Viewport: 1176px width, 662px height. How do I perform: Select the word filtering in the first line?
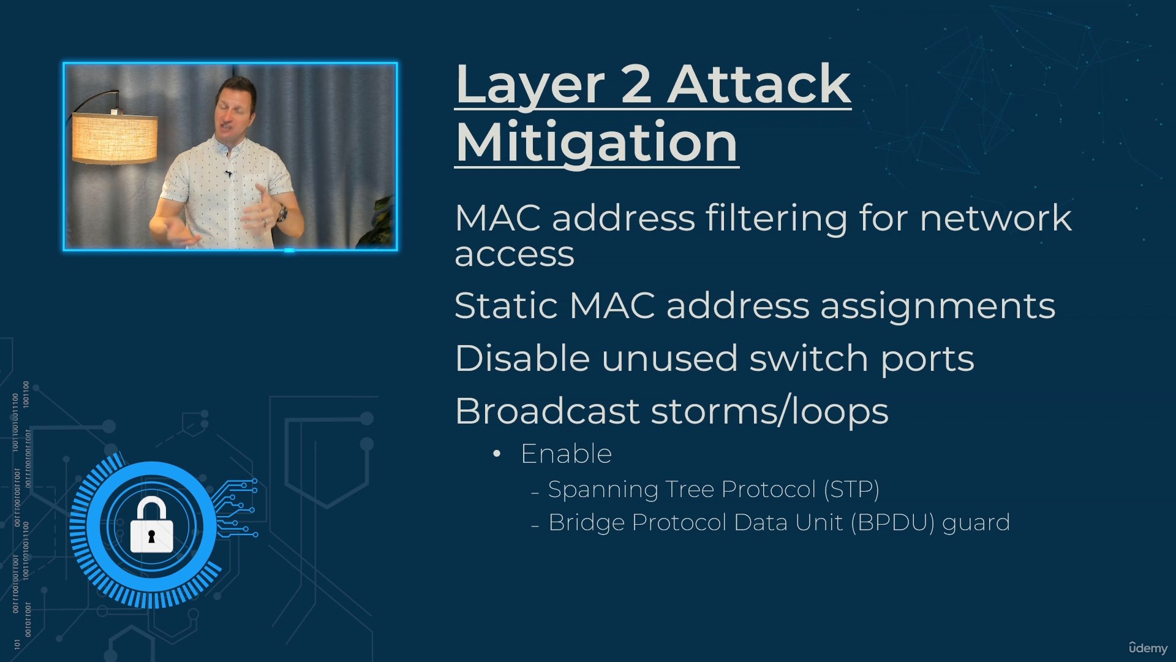776,219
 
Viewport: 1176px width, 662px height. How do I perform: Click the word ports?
927,360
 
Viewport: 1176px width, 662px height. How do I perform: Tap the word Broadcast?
547,411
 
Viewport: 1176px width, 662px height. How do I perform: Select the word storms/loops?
769,411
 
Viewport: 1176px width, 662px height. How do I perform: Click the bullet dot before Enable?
497,454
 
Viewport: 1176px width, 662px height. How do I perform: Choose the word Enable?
566,454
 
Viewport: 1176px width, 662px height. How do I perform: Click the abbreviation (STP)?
851,489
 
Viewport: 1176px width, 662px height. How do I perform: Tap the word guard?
976,523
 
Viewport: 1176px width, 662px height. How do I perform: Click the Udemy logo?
1148,648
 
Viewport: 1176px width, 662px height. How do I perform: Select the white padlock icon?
151,525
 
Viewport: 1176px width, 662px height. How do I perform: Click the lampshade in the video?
115,138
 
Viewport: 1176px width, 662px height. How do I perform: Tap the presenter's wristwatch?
282,213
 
